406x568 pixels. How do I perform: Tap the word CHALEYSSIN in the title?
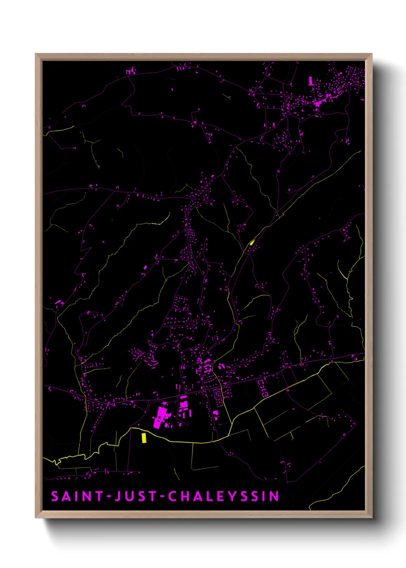click(224, 496)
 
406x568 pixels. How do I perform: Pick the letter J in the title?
click(118, 496)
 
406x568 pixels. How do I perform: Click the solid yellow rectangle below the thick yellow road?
click(144, 438)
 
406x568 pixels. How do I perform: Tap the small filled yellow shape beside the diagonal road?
click(252, 242)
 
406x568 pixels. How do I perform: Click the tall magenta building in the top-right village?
click(310, 81)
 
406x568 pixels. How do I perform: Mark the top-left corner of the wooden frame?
click(36, 54)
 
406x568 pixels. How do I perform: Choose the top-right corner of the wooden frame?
click(372, 54)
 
